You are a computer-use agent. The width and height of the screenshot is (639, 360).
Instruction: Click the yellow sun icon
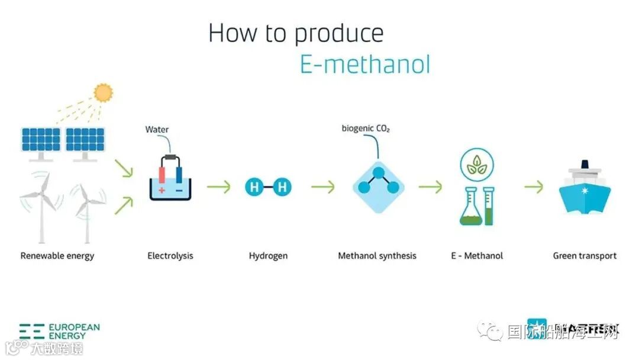click(104, 92)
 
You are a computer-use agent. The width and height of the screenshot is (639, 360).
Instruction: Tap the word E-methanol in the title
click(365, 64)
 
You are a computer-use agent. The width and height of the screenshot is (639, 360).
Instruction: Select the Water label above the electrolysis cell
click(157, 130)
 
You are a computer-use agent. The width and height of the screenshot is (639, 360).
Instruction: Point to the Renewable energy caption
click(57, 256)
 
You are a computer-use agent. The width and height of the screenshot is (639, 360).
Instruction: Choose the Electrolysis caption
click(170, 256)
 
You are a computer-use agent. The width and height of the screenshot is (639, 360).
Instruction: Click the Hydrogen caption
click(268, 256)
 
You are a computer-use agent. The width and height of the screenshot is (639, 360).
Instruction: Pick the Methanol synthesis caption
click(377, 256)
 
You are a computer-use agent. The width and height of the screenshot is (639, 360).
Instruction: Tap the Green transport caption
click(585, 256)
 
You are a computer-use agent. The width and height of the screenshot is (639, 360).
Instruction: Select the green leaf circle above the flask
click(477, 165)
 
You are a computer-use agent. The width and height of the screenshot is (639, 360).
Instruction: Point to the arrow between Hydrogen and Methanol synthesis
click(322, 187)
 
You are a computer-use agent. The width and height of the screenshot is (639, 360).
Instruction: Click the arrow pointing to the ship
click(534, 187)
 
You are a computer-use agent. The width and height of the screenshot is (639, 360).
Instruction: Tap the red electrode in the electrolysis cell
click(162, 176)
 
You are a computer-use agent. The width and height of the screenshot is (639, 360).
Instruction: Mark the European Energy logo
click(59, 331)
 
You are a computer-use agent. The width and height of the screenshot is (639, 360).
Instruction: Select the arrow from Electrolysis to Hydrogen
click(218, 187)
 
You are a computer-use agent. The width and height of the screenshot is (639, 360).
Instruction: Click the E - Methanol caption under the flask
click(477, 256)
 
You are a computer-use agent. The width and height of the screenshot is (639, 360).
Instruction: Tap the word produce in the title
click(339, 34)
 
